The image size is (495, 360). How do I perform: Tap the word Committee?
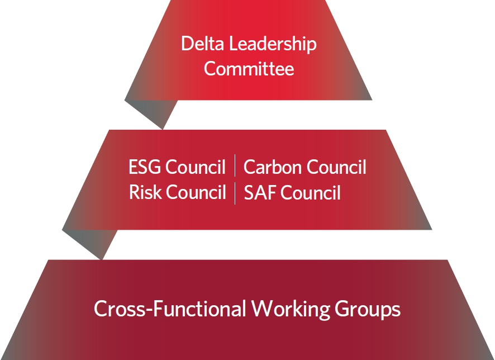pyautogui.click(x=249, y=69)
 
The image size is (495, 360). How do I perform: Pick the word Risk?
pyautogui.click(x=145, y=192)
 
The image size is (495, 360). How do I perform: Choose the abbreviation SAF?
pyautogui.click(x=260, y=193)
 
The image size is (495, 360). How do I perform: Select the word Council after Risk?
pyautogui.click(x=196, y=192)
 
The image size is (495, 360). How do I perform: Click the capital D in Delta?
pyautogui.click(x=187, y=44)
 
